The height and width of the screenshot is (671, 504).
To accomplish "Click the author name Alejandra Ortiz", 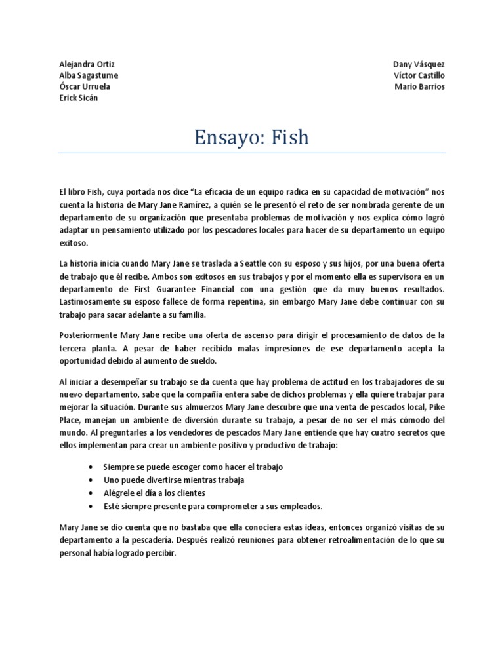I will coord(87,64).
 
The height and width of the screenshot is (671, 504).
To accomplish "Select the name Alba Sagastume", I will coord(89,75).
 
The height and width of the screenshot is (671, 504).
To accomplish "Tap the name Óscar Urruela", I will coord(85,86).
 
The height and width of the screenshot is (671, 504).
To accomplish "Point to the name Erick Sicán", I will coord(78,98).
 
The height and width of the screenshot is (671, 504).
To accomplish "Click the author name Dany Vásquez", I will coord(419,64).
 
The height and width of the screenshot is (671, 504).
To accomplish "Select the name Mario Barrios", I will coord(419,86).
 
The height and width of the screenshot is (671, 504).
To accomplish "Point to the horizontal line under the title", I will coord(252,153).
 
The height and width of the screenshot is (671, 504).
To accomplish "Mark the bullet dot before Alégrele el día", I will coord(90,493).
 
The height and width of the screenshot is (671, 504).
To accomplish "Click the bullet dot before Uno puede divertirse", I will coord(90,480).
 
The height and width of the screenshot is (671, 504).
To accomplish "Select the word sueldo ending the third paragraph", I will coord(199,361).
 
